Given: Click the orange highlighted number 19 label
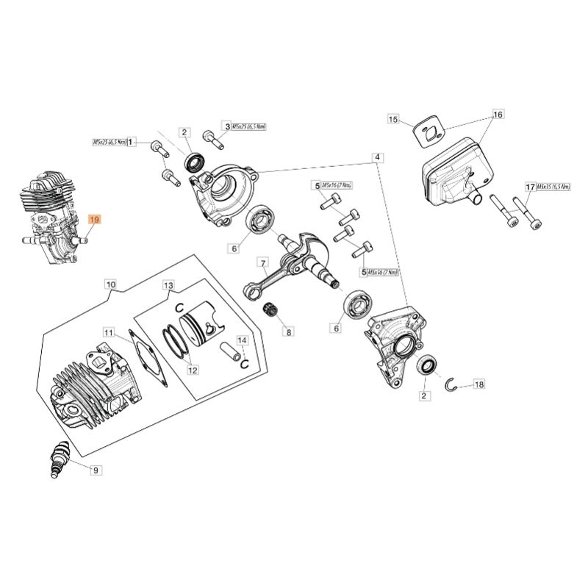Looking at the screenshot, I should pos(95,219).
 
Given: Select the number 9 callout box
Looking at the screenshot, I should pos(95,468).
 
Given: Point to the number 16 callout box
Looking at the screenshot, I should pos(498,115).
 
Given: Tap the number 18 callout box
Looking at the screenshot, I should pos(480,384).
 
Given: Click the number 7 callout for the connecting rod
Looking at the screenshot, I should pos(261,262).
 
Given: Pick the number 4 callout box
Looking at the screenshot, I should pos(376,157).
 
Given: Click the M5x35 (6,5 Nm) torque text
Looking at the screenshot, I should pos(554,187).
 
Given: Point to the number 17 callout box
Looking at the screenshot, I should pos(529,187).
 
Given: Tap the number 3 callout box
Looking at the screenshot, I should pos(227,126).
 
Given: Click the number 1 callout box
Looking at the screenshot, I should pos(132,141).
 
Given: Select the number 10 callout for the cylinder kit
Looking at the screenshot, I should pos(110,283).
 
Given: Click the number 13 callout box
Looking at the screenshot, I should pos(168,284).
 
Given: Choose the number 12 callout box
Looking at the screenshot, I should pos(193,370).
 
